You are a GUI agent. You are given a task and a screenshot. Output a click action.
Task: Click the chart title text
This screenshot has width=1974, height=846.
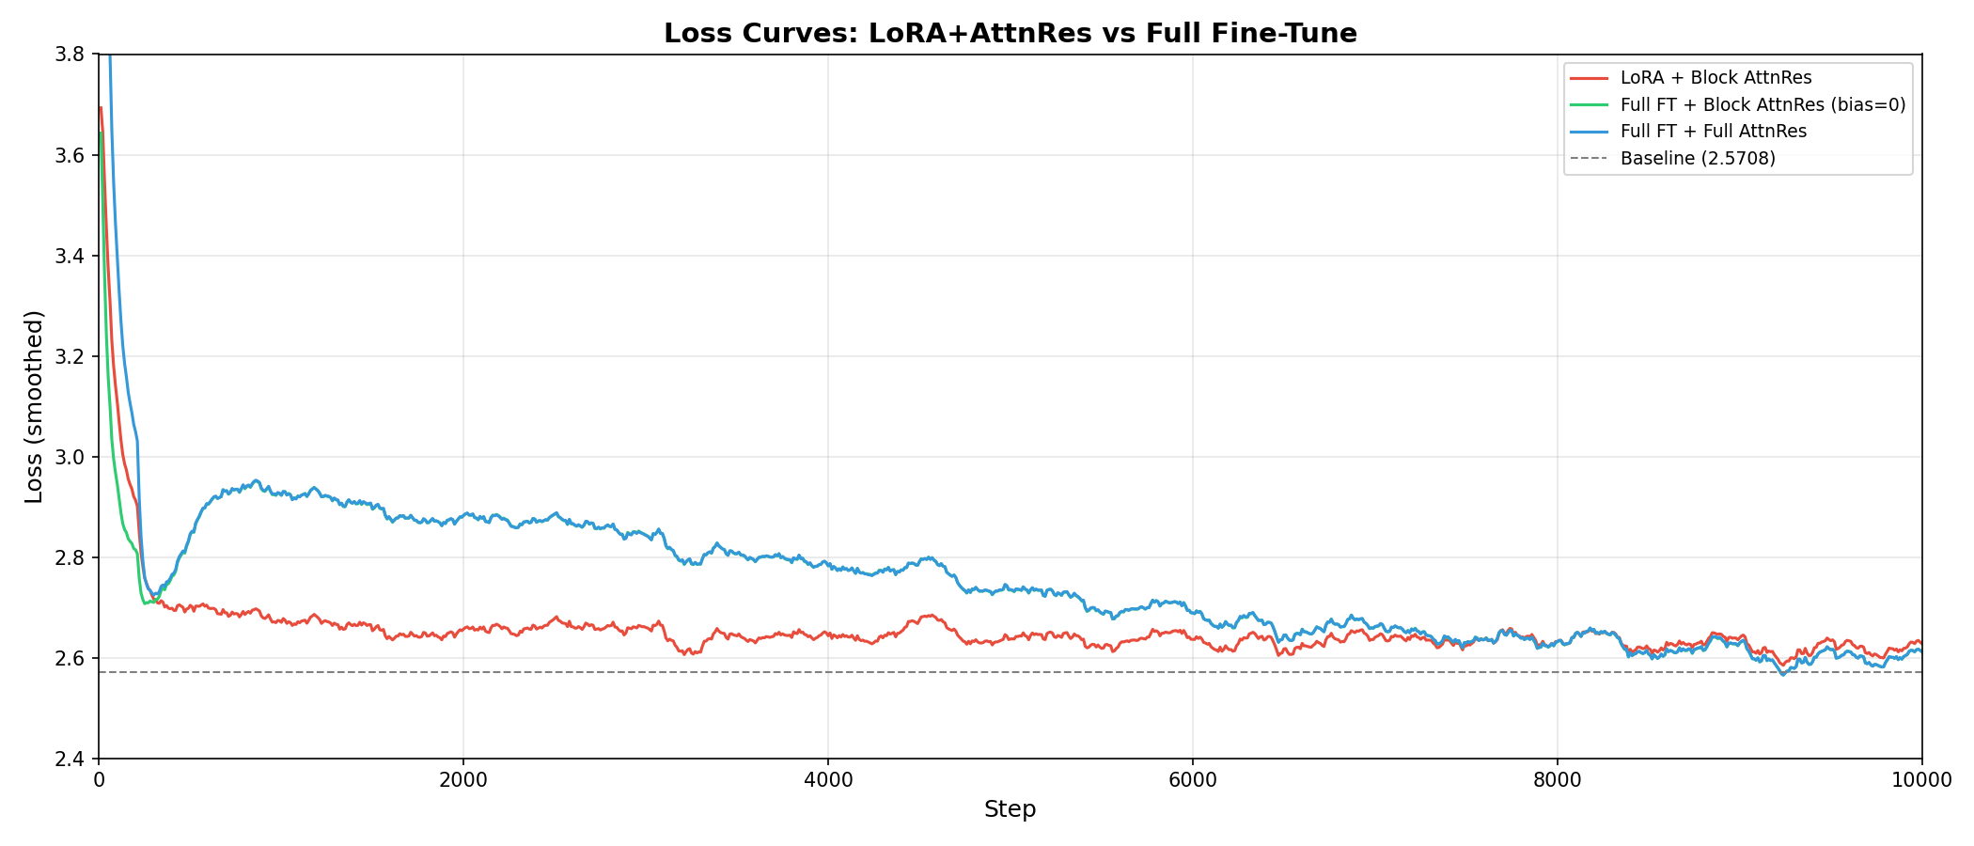[1010, 34]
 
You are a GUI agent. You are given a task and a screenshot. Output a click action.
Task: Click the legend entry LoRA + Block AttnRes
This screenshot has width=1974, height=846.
[1715, 78]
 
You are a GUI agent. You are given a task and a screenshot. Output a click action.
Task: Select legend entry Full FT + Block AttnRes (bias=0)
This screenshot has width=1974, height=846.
[1762, 105]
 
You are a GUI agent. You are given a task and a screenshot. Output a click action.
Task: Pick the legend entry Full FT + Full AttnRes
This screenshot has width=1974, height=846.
[1713, 132]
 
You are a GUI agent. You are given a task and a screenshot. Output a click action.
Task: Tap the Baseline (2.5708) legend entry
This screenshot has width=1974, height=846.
[1698, 159]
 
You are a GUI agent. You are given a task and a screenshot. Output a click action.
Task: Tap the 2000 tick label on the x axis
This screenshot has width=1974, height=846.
[462, 779]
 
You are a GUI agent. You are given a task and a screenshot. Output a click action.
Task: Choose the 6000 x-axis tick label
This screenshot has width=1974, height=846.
[1192, 779]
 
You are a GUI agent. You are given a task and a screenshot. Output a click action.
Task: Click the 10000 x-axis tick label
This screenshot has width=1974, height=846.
[1921, 779]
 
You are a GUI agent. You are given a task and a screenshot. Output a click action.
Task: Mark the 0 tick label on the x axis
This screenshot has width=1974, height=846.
[99, 779]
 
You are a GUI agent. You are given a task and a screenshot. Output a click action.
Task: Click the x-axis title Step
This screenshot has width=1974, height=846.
[1010, 809]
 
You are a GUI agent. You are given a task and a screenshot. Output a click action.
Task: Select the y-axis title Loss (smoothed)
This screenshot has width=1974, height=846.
[34, 406]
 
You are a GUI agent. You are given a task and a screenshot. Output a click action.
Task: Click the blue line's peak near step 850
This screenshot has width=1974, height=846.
[255, 480]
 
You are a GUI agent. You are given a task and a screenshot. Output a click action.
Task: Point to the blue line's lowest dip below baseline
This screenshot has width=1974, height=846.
[1782, 674]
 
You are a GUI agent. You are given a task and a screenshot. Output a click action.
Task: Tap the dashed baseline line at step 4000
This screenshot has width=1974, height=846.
[828, 672]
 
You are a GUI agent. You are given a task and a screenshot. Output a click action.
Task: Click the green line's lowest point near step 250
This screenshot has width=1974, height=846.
[145, 603]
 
